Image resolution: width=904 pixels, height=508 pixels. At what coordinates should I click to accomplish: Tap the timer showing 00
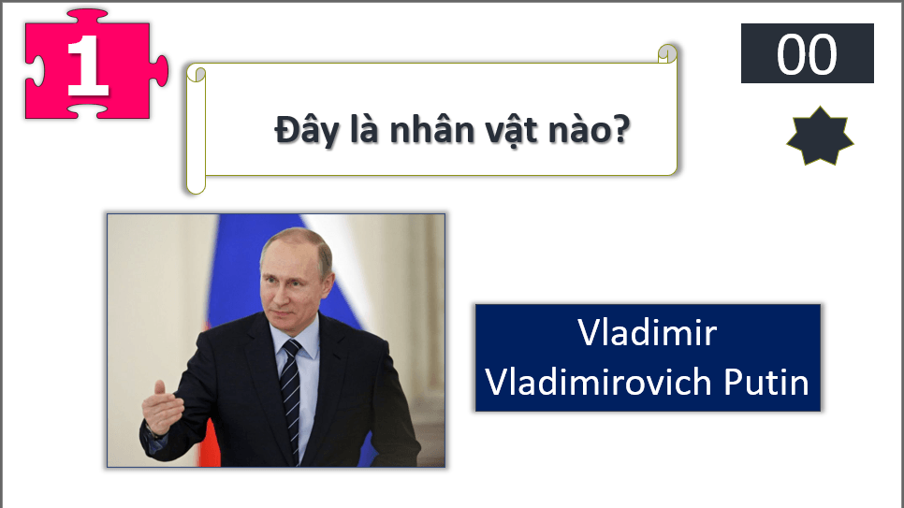click(807, 54)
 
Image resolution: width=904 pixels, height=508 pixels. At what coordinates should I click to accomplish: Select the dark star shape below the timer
click(820, 137)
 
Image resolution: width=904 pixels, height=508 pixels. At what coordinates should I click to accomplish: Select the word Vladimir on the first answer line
click(648, 333)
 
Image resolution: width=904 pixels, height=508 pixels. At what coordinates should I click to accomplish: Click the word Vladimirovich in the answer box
click(600, 382)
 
